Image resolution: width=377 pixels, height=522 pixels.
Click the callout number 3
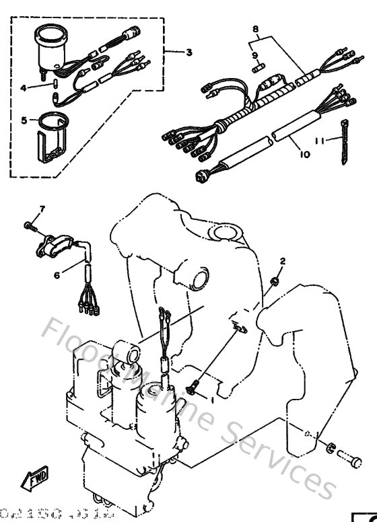click(x=188, y=52)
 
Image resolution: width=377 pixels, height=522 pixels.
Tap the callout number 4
click(x=23, y=87)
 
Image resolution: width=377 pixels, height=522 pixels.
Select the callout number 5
click(x=24, y=120)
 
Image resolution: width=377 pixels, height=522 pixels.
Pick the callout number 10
click(x=304, y=154)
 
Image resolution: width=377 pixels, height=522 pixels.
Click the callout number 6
click(x=57, y=274)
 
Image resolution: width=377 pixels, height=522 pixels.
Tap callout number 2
click(x=283, y=260)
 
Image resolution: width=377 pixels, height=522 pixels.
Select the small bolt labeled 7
click(x=28, y=225)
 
